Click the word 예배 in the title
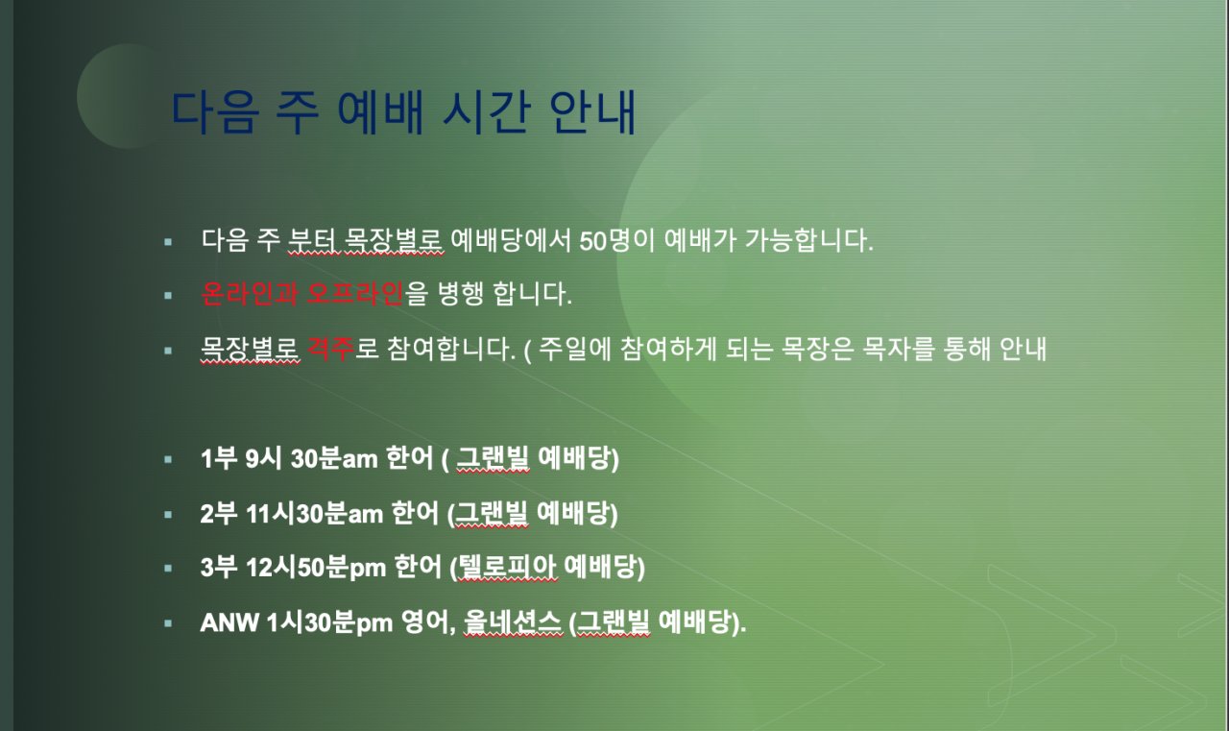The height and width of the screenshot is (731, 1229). point(380,112)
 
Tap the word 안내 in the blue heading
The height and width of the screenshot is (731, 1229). point(592,112)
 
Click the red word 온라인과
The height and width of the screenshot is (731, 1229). point(250,294)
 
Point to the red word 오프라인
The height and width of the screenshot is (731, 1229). point(355,294)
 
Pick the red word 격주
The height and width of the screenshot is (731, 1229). point(330,349)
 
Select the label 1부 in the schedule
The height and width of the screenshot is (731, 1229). point(218,458)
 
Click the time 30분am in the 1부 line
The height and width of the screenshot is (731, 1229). point(334,458)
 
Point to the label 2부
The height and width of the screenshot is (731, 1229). point(218,514)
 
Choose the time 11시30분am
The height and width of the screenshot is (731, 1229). point(314,514)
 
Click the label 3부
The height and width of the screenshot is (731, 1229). point(218,568)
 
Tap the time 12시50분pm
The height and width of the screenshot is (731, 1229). point(316,568)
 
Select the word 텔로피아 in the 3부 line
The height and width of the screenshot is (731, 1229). point(506,568)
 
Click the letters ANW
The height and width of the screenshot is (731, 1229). point(229,622)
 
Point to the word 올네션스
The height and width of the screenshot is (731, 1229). point(513,622)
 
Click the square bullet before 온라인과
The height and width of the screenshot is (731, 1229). point(168,296)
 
